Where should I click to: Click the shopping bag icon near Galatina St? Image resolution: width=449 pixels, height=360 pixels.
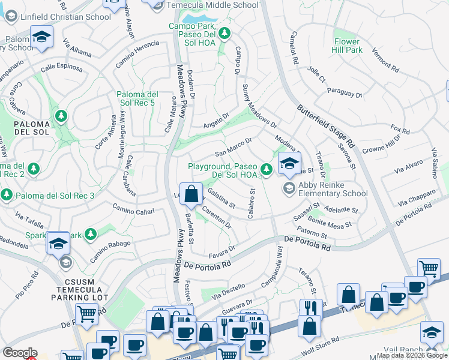[191, 194]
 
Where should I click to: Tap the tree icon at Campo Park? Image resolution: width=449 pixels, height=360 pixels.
[224, 34]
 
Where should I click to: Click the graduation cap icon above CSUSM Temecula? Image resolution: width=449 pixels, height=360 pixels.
[58, 243]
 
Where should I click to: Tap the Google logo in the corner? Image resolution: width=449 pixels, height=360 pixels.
[20, 353]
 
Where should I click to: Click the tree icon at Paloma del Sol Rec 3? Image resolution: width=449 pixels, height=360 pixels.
[7, 195]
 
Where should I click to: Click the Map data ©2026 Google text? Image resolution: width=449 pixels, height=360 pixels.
[412, 355]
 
